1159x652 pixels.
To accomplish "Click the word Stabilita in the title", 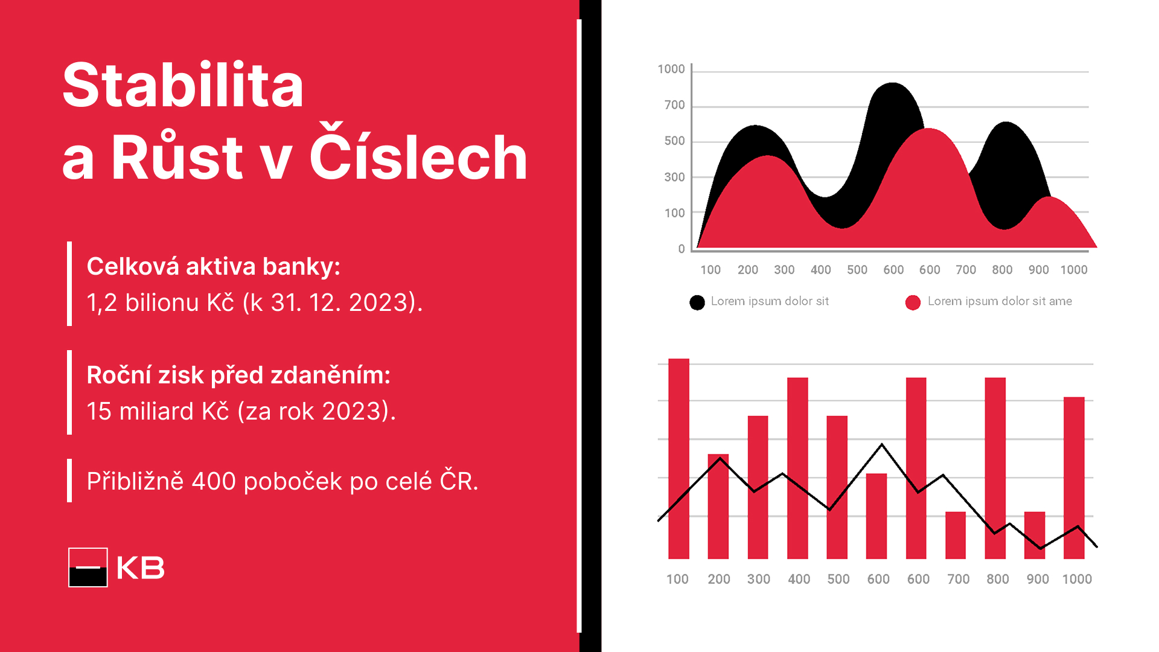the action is (183, 85).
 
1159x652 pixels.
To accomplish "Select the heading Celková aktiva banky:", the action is (214, 267).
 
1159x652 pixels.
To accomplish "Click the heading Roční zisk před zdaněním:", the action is (238, 376).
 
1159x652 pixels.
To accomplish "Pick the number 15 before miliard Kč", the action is (99, 411).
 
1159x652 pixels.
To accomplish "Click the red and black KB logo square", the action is (88, 567).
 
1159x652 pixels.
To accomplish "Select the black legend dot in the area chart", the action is (697, 302).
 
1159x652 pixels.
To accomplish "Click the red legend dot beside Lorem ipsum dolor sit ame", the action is (913, 302).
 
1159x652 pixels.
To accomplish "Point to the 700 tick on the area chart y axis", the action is (674, 105).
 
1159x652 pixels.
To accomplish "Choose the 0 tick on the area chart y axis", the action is (682, 249).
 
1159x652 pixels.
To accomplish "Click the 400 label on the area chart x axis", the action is (821, 270).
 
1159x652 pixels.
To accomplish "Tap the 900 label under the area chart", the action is (1039, 270).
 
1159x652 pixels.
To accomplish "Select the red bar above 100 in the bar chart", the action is (678, 459).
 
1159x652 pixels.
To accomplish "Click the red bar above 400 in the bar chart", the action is (797, 468).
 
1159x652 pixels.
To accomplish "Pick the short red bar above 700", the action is (956, 535).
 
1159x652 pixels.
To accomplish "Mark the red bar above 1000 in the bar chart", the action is (1074, 478).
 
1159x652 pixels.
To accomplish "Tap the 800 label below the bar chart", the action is (998, 579).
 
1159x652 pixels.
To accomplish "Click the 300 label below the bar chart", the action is (759, 579).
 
